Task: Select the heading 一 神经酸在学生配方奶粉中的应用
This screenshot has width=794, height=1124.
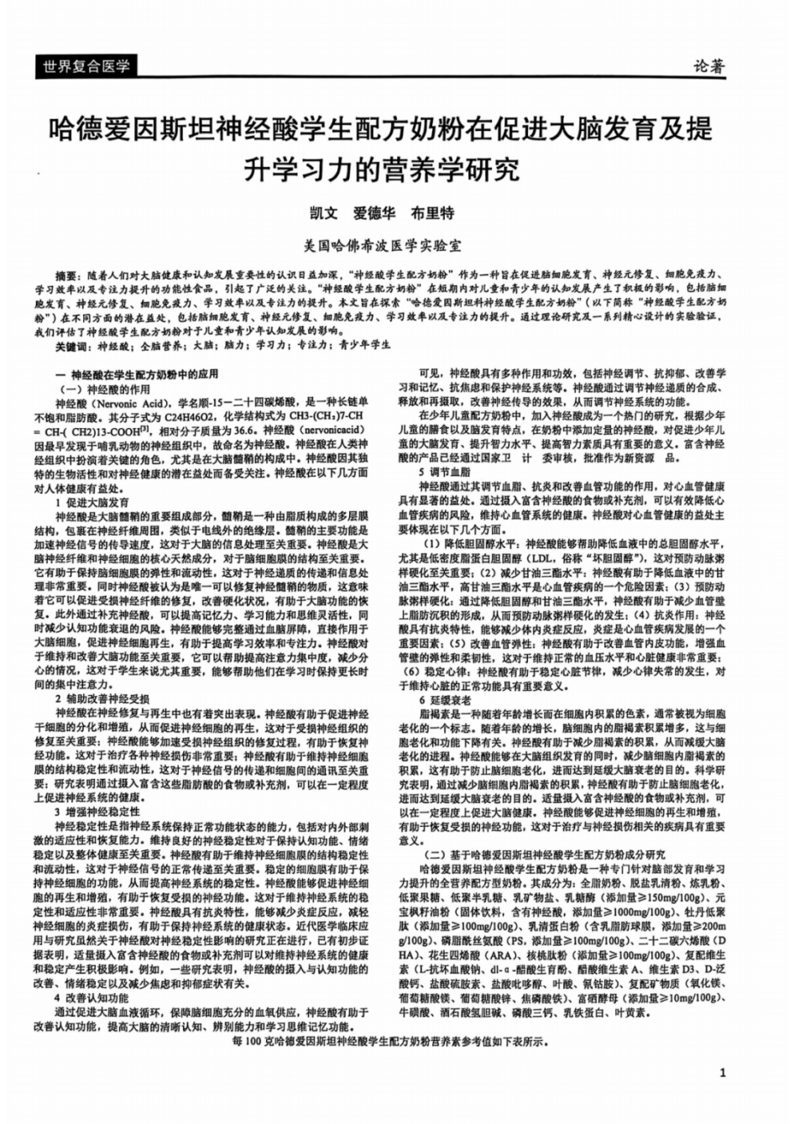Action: [x=136, y=375]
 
